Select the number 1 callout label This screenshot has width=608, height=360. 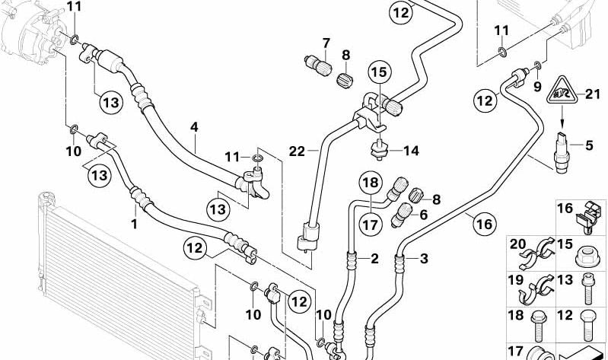click(134, 225)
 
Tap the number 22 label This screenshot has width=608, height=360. click(296, 151)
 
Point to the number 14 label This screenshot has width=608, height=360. click(411, 151)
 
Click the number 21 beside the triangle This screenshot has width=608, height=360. click(594, 94)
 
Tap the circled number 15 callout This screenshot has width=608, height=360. click(379, 73)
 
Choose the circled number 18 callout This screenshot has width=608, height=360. click(370, 183)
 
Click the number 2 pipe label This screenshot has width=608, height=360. click(374, 259)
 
